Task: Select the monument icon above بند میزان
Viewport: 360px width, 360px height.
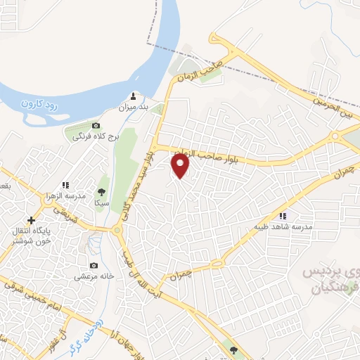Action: (134, 96)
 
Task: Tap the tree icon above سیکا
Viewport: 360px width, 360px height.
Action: (102, 191)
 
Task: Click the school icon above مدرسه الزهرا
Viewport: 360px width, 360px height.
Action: (65, 185)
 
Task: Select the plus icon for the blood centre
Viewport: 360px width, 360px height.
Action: (31, 220)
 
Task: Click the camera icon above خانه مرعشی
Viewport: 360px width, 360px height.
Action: (94, 266)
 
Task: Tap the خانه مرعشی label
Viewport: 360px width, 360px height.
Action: (95, 277)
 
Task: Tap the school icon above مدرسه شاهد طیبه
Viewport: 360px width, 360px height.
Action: (283, 217)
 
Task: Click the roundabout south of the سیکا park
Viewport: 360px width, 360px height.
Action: (117, 230)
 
